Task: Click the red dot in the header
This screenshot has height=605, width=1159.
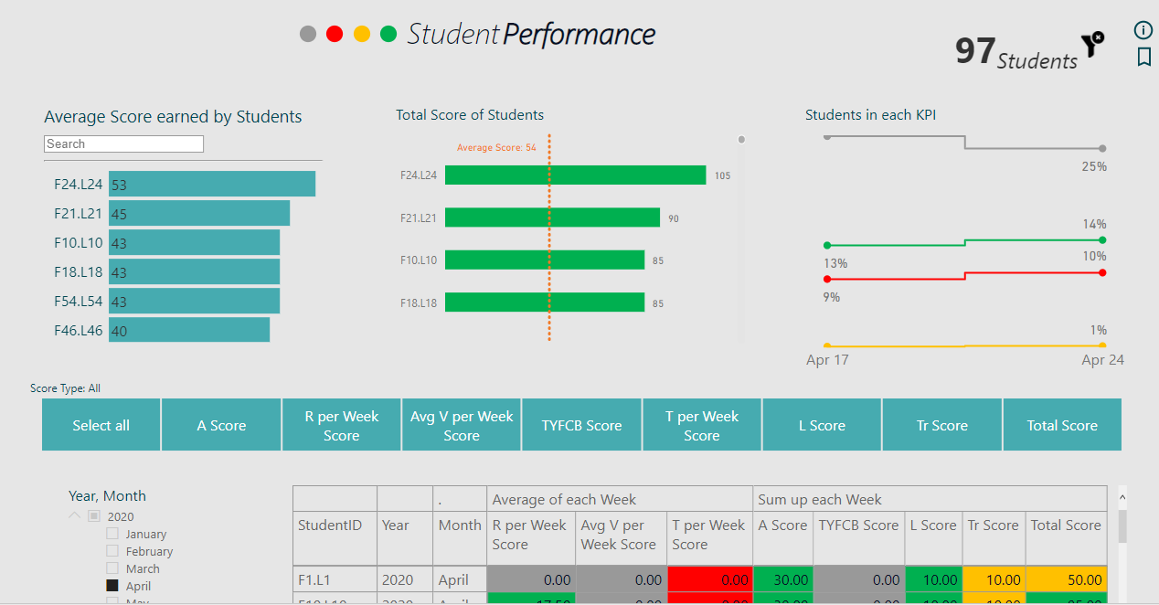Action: (335, 34)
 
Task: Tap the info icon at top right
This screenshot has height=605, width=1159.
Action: (1143, 30)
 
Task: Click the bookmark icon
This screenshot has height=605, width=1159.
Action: (1143, 58)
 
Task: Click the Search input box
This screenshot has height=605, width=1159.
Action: (123, 144)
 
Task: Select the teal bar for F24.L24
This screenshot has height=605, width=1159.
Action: (211, 184)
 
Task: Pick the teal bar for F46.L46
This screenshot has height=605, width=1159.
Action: (188, 330)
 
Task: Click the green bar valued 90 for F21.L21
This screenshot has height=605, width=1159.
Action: (552, 218)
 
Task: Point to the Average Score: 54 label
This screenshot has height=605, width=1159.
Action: (496, 147)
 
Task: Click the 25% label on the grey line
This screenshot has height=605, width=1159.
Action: (1094, 166)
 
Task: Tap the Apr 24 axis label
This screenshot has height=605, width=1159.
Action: (1102, 360)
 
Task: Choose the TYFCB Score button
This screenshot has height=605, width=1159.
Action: (581, 425)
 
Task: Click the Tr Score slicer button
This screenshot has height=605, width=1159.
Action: (941, 425)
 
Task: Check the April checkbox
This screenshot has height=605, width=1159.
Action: (112, 586)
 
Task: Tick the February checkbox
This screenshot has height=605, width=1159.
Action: (112, 551)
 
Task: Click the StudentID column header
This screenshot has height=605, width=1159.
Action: (330, 525)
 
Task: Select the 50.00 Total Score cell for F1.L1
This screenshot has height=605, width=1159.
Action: (1066, 579)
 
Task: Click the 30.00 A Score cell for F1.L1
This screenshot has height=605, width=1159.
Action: (782, 579)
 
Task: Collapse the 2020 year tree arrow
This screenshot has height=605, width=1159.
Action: (74, 516)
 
